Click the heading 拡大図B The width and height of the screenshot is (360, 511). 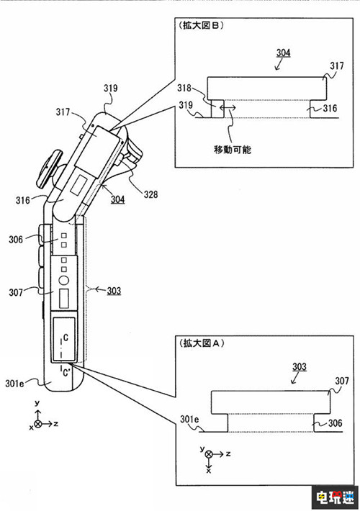coord(201,25)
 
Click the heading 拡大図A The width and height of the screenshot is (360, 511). coord(202,343)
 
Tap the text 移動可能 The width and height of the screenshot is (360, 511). coord(233,150)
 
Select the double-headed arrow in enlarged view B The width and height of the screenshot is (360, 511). coord(228,107)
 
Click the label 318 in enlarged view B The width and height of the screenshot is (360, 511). coord(184,88)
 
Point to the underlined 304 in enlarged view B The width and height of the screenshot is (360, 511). coord(284,53)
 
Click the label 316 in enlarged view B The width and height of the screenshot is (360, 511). coord(330,108)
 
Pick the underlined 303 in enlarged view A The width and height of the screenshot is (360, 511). coord(300,367)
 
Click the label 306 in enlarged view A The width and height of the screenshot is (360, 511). coord(335,423)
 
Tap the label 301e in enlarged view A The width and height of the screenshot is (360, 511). coord(189,419)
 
